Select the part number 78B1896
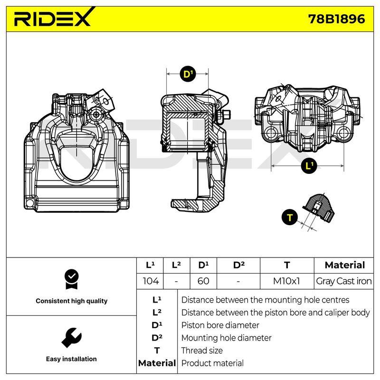(x=336, y=19)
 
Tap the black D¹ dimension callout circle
(x=188, y=74)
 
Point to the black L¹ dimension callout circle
(x=309, y=166)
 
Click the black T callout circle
(x=290, y=217)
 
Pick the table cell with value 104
(x=150, y=281)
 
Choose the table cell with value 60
(x=203, y=281)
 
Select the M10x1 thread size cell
(x=287, y=281)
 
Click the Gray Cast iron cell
(x=343, y=281)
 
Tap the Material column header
(x=345, y=265)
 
